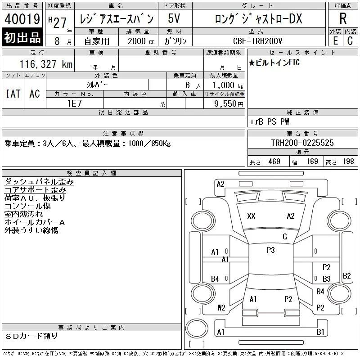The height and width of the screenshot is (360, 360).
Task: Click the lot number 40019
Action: pos(22,19)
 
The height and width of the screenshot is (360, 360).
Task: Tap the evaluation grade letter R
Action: pos(343,18)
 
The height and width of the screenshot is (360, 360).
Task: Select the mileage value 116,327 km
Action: pos(46,64)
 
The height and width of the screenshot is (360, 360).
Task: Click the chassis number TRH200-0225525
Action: pos(302,143)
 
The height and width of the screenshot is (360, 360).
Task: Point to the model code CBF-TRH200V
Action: pos(257,41)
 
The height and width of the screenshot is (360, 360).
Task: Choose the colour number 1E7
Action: pos(75,103)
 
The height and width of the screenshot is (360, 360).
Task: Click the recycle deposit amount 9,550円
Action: pos(229,104)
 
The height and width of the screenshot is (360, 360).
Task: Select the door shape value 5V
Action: pos(174,18)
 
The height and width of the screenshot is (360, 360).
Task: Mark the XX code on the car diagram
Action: pos(251,216)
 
